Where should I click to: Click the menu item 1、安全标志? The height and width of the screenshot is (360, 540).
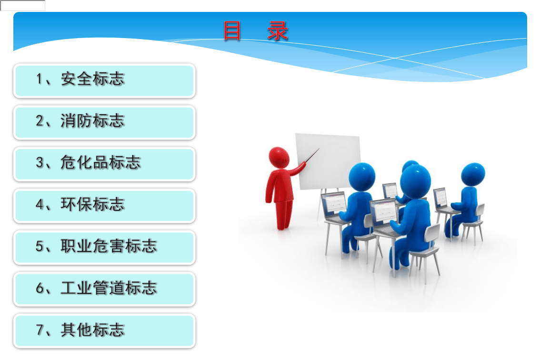104,80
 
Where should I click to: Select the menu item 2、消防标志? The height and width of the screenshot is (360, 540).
104,122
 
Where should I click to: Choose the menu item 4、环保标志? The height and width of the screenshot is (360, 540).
104,205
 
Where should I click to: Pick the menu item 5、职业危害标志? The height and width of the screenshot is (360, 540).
104,247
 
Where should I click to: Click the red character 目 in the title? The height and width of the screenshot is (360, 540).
232,31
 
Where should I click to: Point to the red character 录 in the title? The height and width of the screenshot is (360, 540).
278,31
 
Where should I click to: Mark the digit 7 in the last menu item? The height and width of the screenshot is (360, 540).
40,330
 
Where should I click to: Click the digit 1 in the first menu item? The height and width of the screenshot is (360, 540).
40,80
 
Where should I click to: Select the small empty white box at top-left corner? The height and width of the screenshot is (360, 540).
23,6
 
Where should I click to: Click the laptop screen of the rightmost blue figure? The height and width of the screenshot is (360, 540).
440,197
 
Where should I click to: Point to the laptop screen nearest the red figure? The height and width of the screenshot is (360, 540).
333,204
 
